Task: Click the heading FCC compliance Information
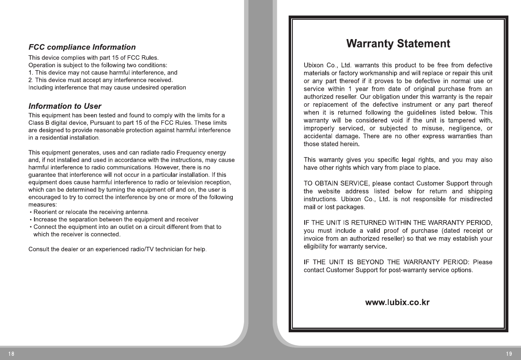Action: coord(82,47)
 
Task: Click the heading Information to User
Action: coord(65,106)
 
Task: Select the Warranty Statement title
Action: coord(398,43)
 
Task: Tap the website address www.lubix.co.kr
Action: coord(397,302)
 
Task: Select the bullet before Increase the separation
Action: coord(31,220)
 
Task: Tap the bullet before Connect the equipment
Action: coord(31,227)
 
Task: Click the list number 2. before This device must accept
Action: coord(30,80)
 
